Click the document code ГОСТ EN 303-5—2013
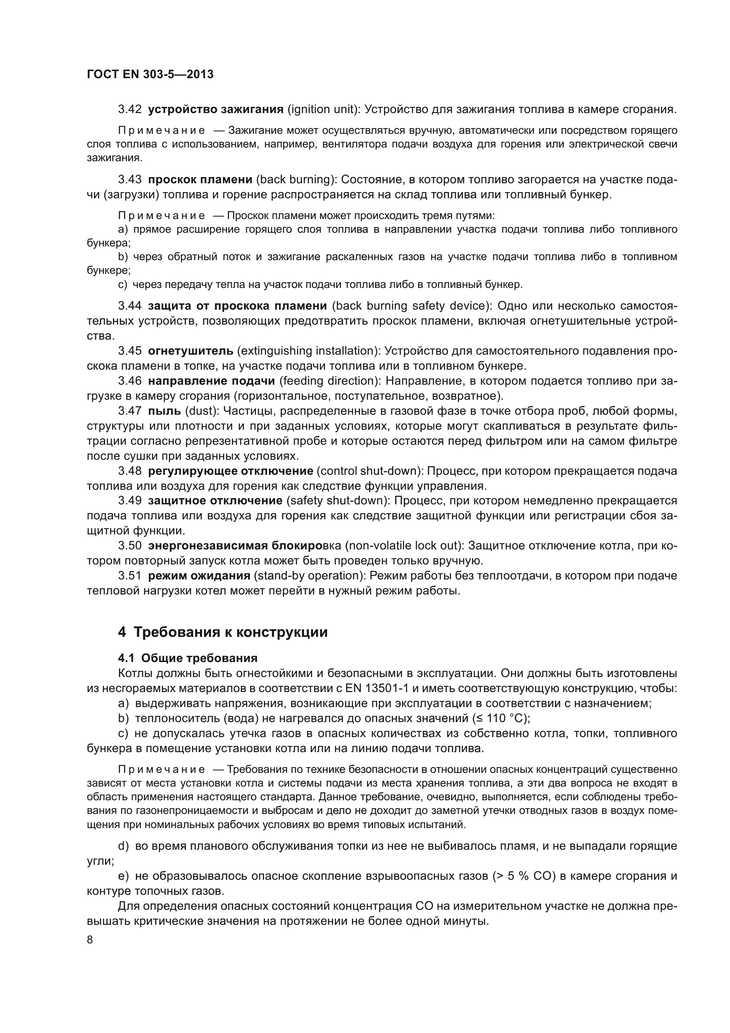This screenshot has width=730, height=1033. pos(150,74)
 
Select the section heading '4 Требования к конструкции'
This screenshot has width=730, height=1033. pos(222,632)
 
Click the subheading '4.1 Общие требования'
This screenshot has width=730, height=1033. pos(188,658)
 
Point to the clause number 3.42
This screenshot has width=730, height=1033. pos(129,110)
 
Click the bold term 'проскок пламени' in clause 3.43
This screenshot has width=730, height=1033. pos(200,179)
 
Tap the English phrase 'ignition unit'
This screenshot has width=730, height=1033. pos(324,110)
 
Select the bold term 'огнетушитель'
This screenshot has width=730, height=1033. pos(191,351)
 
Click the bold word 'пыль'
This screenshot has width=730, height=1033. pos(164,411)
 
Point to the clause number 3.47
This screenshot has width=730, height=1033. pos(129,411)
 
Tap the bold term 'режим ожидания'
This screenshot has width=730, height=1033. pos(199,576)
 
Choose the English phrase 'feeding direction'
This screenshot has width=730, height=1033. pos(327,381)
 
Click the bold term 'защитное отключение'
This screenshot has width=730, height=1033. pos(215,501)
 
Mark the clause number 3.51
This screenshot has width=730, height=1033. pos(129,576)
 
